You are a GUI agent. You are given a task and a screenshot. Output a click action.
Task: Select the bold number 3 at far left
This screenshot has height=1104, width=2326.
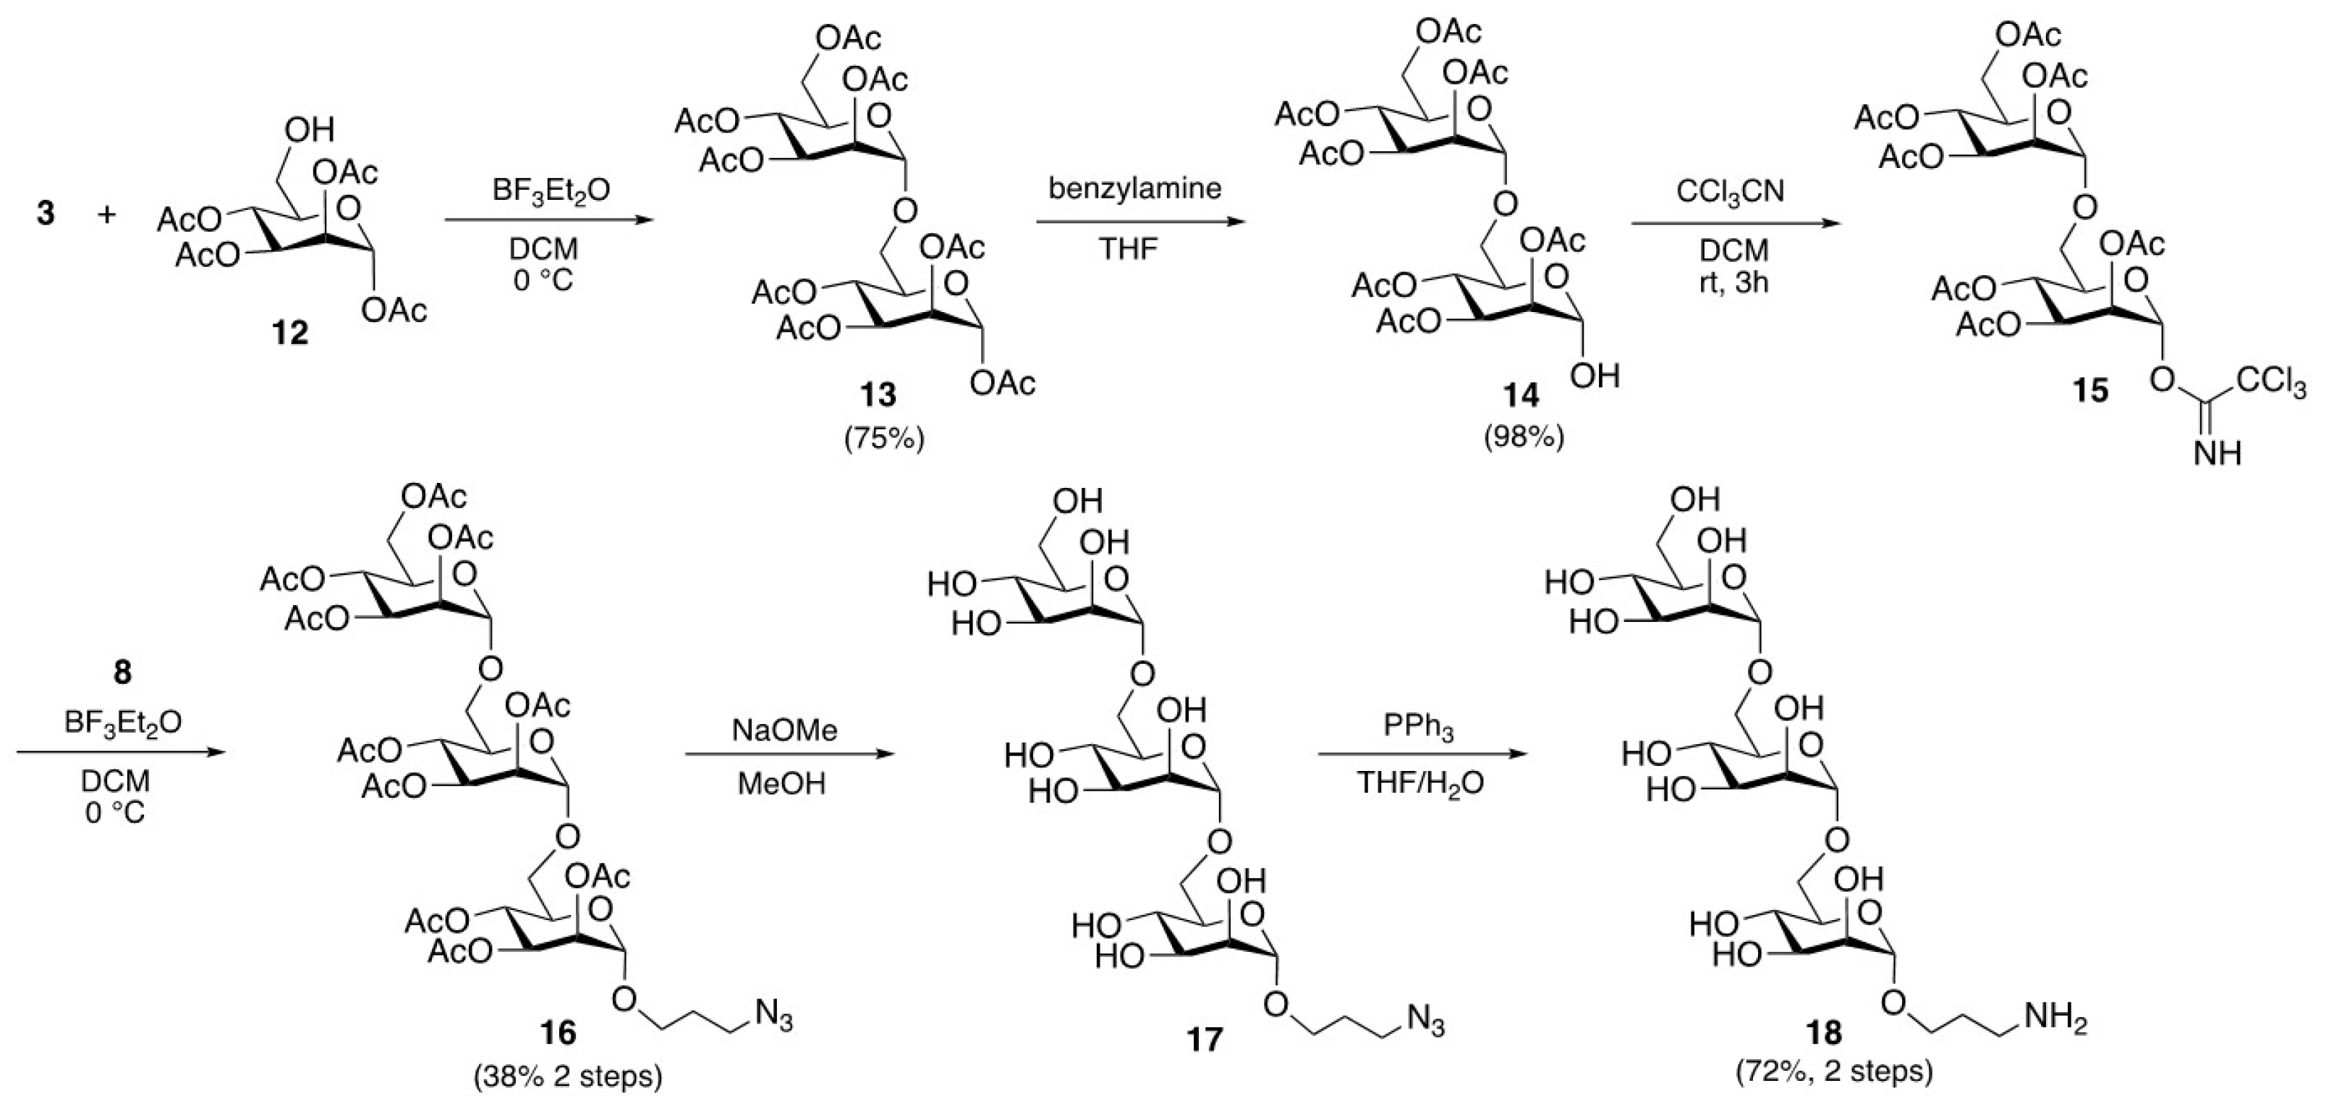(45, 214)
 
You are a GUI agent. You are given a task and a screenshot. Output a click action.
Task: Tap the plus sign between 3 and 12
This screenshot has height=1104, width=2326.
(108, 214)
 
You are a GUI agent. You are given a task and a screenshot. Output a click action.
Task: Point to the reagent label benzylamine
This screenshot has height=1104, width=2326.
(1135, 188)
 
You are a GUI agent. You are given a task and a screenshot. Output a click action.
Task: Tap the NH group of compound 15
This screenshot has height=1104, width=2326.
(2218, 452)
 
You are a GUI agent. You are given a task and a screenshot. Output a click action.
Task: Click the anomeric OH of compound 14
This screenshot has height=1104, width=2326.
(1595, 375)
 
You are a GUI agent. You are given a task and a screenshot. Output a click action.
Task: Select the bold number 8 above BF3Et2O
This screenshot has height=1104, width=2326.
(122, 672)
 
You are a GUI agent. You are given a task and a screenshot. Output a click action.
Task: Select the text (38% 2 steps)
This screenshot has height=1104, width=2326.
(567, 1077)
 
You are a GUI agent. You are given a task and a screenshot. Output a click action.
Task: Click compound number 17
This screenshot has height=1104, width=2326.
(1204, 1039)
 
